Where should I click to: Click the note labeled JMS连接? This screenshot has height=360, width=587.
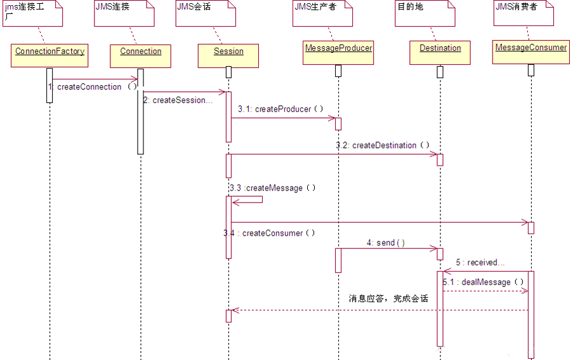pyautogui.click(x=124, y=13)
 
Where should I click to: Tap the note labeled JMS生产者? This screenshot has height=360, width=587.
pyautogui.click(x=322, y=13)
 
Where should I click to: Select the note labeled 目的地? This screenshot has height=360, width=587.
pyautogui.click(x=425, y=13)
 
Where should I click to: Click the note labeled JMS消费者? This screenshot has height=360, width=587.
pyautogui.click(x=523, y=13)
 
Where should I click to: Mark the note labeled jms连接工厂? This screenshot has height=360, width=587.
pyautogui.click(x=32, y=13)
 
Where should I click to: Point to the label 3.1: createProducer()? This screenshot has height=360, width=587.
pyautogui.click(x=280, y=109)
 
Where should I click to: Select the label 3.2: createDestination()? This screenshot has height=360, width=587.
pyautogui.click(x=383, y=145)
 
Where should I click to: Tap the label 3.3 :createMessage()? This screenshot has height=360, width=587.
pyautogui.click(x=272, y=188)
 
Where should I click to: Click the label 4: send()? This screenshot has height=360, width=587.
pyautogui.click(x=385, y=243)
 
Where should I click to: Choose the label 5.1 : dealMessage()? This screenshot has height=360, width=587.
pyautogui.click(x=484, y=282)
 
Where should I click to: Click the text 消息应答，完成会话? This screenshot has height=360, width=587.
pyautogui.click(x=388, y=298)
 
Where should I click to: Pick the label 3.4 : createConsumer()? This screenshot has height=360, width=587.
pyautogui.click(x=269, y=233)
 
